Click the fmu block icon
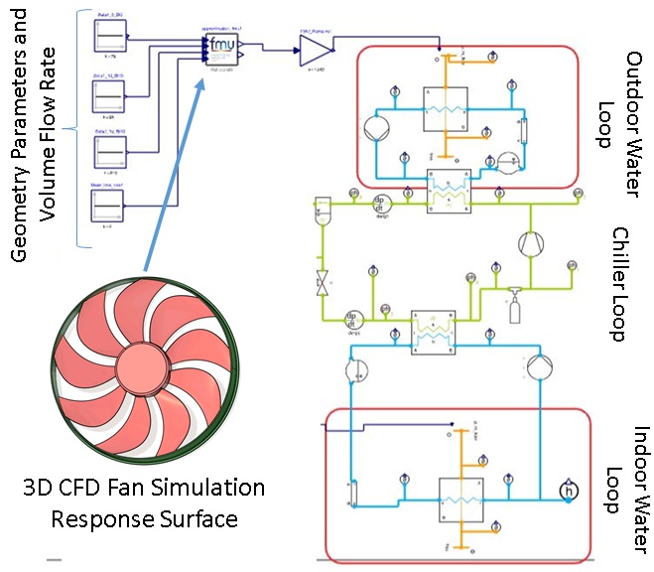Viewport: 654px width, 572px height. click(x=224, y=47)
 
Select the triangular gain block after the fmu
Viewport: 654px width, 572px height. click(x=313, y=47)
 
